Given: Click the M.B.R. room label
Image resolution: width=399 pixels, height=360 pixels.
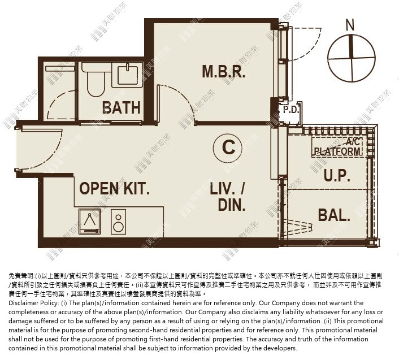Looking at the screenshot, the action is (224, 71).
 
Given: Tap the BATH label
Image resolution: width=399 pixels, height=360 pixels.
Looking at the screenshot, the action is (121, 107).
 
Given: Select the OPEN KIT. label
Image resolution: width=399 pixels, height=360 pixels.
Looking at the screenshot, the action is (114, 189).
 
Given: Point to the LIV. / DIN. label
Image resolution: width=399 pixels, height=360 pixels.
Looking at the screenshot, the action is (228, 197).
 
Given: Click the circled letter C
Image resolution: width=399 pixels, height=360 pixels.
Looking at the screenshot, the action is (228, 148).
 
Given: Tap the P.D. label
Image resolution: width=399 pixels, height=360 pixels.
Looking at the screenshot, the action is (291, 110).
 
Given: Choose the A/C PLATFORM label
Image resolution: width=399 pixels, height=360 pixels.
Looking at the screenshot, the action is (337, 147).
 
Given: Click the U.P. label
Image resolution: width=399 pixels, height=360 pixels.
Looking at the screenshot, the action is (337, 175).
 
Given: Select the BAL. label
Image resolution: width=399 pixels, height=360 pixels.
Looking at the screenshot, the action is (334, 215).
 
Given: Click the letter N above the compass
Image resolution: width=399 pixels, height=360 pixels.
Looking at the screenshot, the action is (350, 25).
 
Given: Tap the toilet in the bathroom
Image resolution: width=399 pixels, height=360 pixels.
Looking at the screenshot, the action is (96, 79).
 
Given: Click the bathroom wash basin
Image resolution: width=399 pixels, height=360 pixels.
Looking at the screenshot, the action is (127, 74).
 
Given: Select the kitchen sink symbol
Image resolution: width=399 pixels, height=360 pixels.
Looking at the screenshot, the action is (89, 222).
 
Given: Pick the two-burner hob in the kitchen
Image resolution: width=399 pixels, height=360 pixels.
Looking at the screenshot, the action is (118, 222).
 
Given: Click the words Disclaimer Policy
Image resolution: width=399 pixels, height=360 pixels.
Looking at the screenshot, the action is (33, 303).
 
